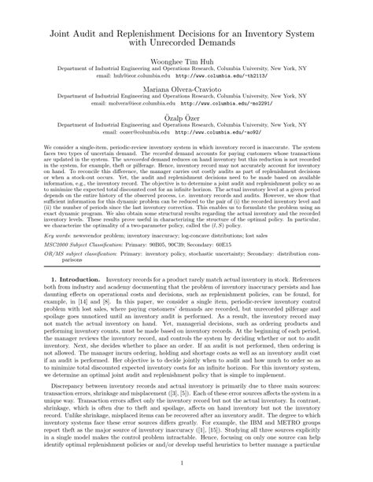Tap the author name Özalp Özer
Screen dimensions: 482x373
click(186, 116)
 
